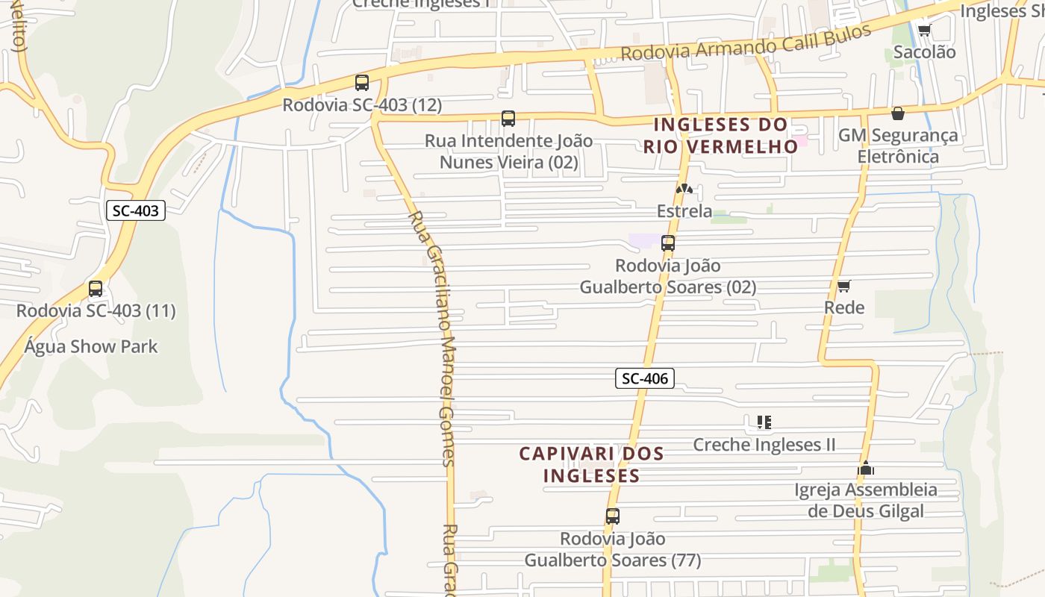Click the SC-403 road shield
[135, 210]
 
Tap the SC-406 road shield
[644, 378]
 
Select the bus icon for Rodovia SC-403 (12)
[362, 83]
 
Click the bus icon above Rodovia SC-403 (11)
[96, 289]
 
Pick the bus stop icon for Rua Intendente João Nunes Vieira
[508, 119]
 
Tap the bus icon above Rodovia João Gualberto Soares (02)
[668, 243]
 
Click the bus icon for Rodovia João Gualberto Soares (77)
[613, 516]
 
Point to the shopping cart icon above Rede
[844, 286]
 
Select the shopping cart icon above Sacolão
[924, 31]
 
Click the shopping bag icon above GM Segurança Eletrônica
[898, 113]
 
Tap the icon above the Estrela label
[684, 190]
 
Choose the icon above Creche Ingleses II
[764, 423]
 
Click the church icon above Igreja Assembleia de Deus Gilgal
[866, 469]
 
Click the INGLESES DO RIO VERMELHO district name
[721, 135]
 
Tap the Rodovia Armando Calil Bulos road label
[746, 43]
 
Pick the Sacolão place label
[924, 52]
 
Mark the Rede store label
[844, 307]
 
